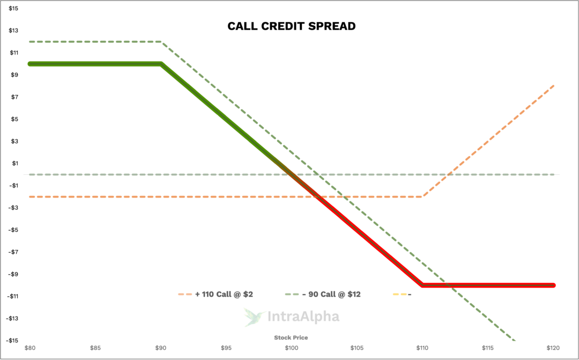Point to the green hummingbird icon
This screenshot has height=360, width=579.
[254, 317]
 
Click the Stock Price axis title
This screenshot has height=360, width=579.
[291, 337]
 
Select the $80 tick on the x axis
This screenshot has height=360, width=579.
[30, 348]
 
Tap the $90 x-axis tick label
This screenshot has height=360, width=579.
[160, 348]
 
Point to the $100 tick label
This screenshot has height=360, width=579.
[291, 348]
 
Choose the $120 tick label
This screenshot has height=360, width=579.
[553, 348]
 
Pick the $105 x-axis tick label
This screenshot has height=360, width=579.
[357, 348]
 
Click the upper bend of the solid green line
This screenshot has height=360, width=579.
[161, 64]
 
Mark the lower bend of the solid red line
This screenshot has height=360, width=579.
[422, 285]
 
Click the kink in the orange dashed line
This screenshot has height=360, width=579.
[422, 197]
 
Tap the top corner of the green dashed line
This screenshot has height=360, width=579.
[161, 42]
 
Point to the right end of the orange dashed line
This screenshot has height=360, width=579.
[553, 85]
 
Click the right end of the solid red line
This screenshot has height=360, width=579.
[554, 285]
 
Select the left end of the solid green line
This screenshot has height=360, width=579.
[30, 64]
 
